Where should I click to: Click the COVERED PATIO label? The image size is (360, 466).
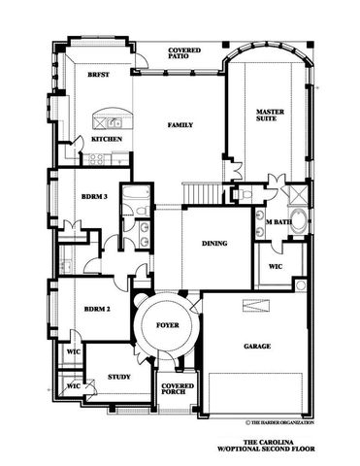[x=183, y=52]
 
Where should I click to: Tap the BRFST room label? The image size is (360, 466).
[x=98, y=74]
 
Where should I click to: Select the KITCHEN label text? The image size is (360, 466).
[x=107, y=140]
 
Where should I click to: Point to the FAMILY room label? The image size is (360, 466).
[x=180, y=125]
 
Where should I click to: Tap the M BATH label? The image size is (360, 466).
[x=279, y=222]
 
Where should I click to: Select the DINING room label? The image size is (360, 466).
[x=214, y=244]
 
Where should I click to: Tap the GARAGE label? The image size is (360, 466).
[x=257, y=347]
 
